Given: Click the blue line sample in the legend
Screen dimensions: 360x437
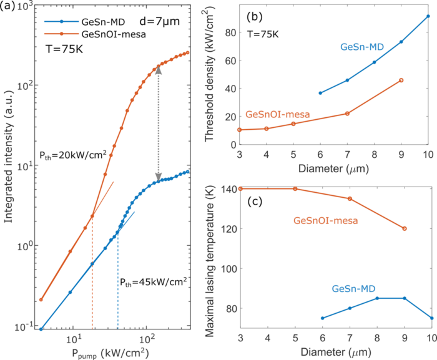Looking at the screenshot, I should [x=61, y=21].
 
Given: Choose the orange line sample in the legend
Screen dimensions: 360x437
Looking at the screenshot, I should [x=61, y=34].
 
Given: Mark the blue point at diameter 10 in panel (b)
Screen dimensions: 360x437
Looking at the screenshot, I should [x=428, y=16].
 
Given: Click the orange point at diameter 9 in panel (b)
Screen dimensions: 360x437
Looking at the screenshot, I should [x=401, y=80].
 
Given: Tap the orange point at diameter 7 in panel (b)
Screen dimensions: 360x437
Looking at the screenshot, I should [x=347, y=113].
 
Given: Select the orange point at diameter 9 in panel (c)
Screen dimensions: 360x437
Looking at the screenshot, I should [x=405, y=228].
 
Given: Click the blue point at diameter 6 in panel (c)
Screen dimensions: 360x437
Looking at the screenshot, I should [x=322, y=318].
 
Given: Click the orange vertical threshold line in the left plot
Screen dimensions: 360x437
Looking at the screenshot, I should [x=92, y=275].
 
